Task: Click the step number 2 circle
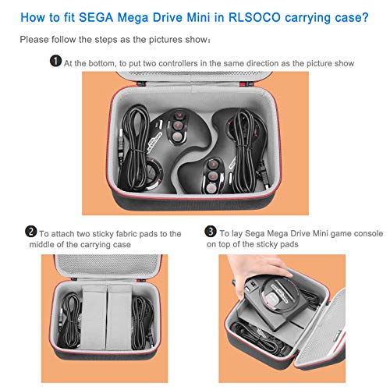click(x=30, y=232)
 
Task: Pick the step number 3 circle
click(x=211, y=232)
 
